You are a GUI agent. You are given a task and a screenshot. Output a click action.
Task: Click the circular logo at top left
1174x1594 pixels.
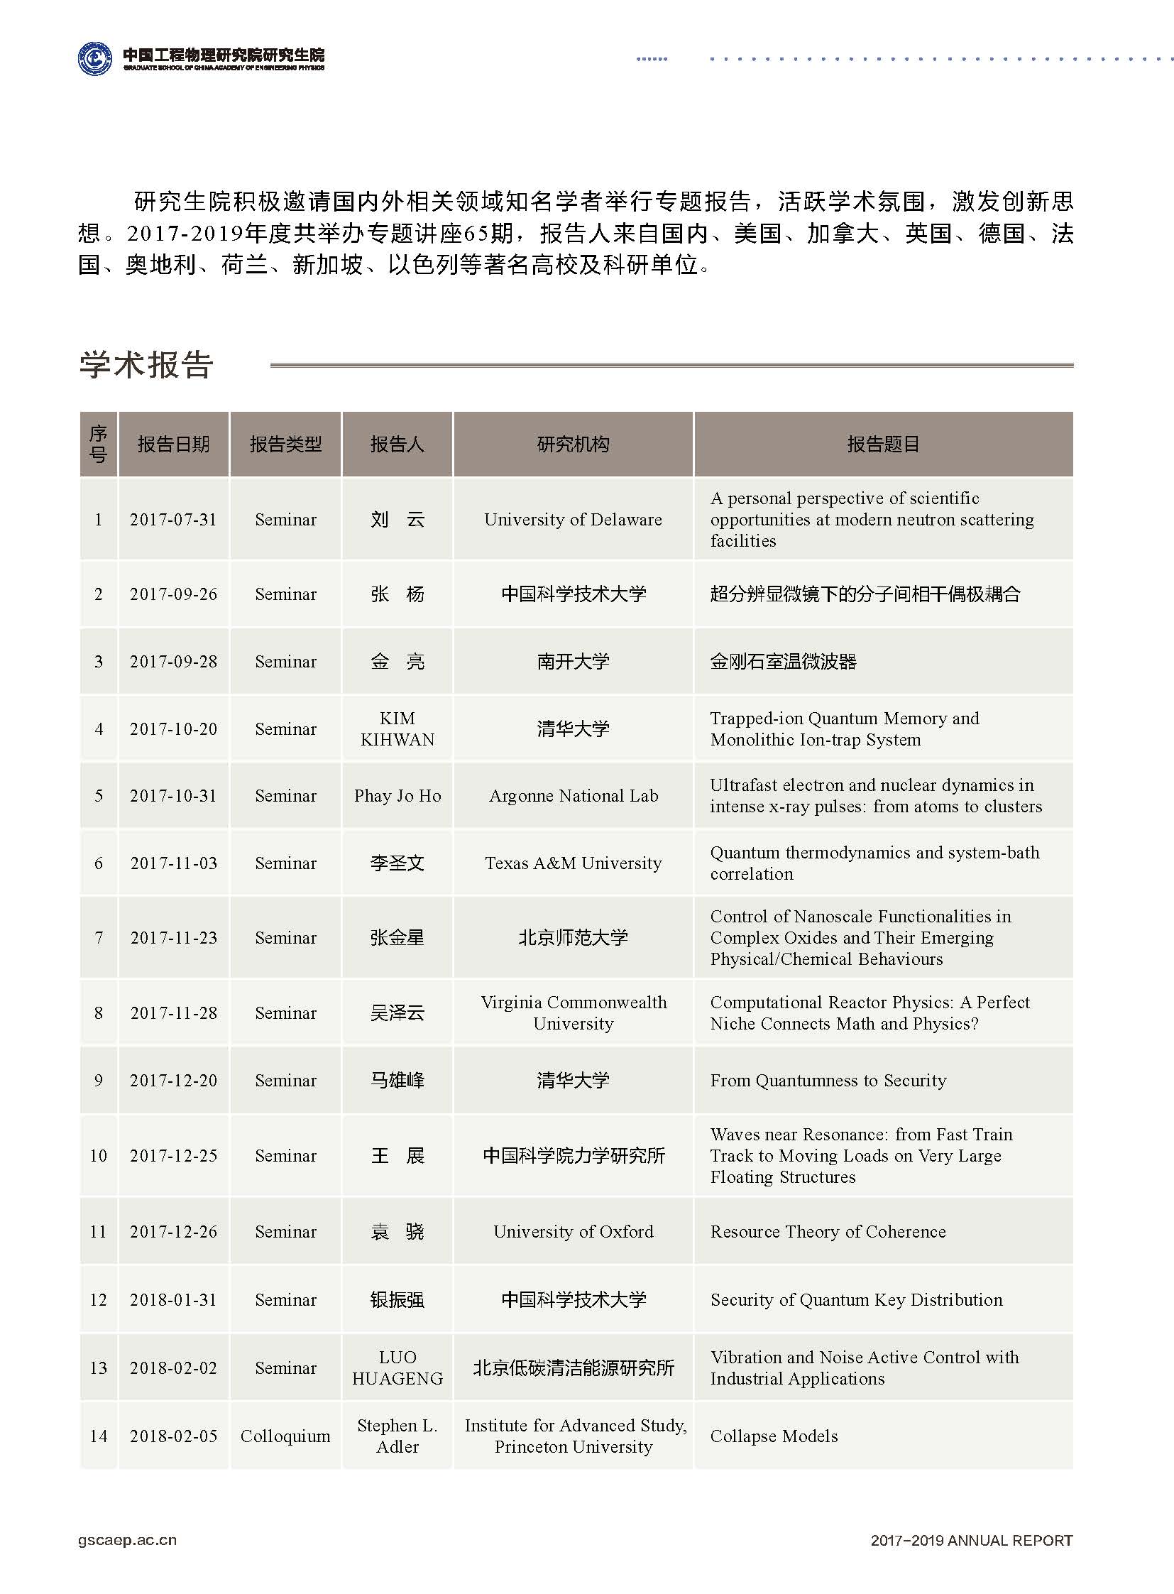pos(94,58)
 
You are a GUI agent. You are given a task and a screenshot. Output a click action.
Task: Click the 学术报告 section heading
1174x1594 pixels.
pos(146,365)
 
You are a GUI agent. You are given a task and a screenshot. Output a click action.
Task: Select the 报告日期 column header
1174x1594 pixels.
pos(173,444)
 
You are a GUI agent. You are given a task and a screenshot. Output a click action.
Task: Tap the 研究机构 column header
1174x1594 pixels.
pos(573,444)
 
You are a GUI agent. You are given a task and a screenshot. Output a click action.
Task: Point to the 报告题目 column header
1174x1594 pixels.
pos(883,444)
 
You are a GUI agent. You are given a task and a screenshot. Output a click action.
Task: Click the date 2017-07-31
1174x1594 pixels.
pos(173,520)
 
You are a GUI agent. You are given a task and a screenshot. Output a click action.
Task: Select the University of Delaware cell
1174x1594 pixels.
pos(573,520)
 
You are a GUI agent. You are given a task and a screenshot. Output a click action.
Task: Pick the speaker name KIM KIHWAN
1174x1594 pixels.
pos(397,728)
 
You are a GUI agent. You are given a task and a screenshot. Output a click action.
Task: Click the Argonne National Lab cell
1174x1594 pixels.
pos(573,795)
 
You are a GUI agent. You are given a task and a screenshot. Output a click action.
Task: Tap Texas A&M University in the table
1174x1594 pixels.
pos(573,863)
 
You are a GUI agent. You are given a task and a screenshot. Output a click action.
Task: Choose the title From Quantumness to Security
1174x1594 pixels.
pos(828,1081)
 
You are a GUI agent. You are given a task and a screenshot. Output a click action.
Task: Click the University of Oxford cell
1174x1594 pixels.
pos(573,1231)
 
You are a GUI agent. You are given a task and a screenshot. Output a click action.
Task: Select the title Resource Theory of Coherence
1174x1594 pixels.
pos(828,1231)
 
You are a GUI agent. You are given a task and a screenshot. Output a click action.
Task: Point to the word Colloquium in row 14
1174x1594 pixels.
pos(285,1436)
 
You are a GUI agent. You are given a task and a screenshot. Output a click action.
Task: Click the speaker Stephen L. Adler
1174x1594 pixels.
pos(397,1436)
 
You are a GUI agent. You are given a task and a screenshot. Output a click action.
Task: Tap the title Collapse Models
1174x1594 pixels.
pos(774,1436)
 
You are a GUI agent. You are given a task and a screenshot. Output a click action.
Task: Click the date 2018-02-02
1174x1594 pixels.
pos(173,1368)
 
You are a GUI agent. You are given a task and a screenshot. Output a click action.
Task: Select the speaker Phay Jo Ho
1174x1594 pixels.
pos(397,795)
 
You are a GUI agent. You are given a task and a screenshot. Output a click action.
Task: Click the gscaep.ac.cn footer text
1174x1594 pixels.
pos(127,1540)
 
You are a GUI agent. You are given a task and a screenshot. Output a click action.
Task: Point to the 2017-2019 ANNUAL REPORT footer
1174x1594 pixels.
pos(971,1540)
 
